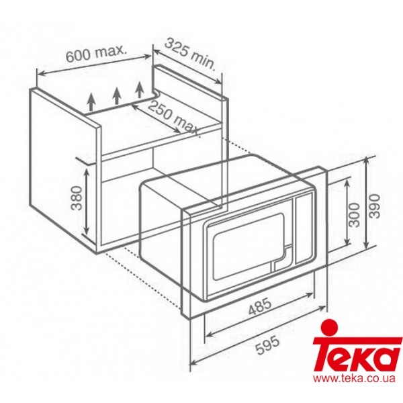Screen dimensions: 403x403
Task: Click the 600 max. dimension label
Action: click(x=96, y=54)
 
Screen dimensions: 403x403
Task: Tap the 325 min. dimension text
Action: click(x=189, y=55)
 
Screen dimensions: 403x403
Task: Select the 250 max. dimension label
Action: click(x=174, y=119)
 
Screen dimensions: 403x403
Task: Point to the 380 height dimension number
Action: click(x=77, y=198)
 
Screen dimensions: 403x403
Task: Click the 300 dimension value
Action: click(x=355, y=214)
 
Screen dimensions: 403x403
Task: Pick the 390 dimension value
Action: click(x=375, y=206)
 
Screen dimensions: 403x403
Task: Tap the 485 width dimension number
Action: click(x=260, y=307)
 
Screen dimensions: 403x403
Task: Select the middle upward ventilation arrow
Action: click(x=117, y=95)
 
